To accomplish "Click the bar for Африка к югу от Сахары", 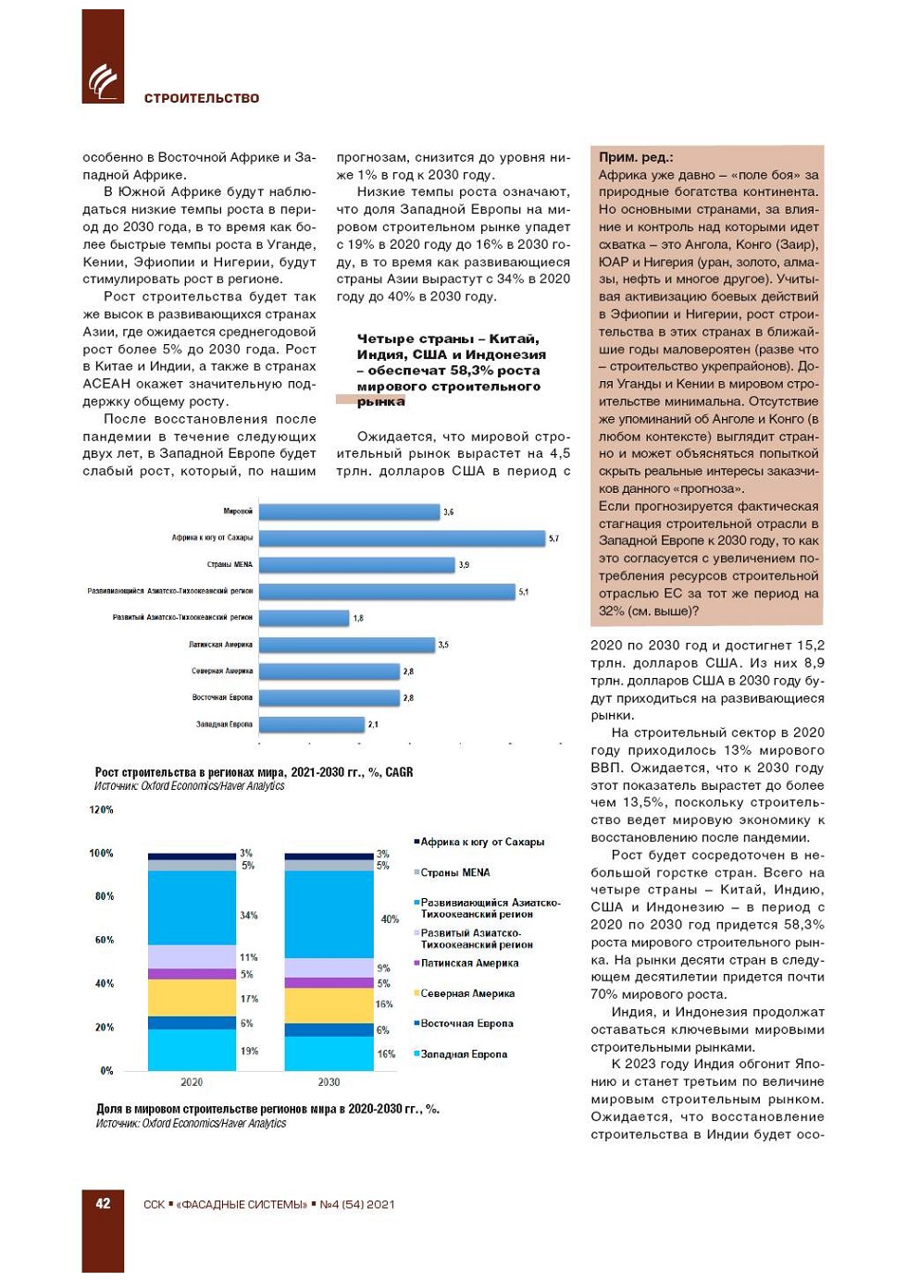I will coord(402,538).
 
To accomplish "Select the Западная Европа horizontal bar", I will coord(311,724).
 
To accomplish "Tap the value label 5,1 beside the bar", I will coord(524,592).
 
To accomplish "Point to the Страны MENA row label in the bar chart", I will coord(230,564).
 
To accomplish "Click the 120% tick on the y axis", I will coord(101,810).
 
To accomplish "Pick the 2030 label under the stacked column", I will coord(329,1082).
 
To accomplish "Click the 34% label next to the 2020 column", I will coord(249,916).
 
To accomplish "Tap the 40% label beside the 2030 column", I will coord(390,919).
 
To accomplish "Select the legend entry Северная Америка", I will coord(467,993).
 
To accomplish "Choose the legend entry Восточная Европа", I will coord(466,1024).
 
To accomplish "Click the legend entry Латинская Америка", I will coord(469,963).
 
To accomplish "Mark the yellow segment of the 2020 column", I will coord(192,997).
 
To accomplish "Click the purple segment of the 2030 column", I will coord(329,982).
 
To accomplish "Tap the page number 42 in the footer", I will coord(103,1203).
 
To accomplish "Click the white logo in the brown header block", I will coord(103,81).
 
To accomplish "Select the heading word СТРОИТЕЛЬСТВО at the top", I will coord(202,98).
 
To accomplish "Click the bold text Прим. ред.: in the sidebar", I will coord(636,157).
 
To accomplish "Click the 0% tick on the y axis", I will coord(106,1071).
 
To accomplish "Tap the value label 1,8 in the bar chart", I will coord(359,618).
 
